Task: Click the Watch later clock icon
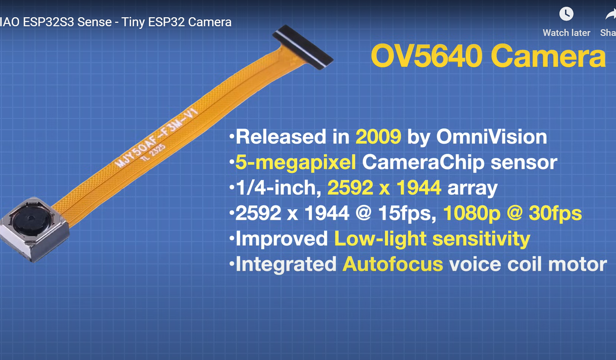point(566,14)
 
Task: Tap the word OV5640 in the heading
point(426,56)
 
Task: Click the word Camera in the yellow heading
point(548,56)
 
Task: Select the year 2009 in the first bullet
point(378,136)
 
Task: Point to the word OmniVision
point(492,136)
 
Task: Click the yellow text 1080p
point(472,214)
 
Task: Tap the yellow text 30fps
point(555,213)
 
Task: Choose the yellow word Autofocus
point(393,264)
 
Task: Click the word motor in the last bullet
point(577,264)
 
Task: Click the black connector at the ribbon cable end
point(303,47)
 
